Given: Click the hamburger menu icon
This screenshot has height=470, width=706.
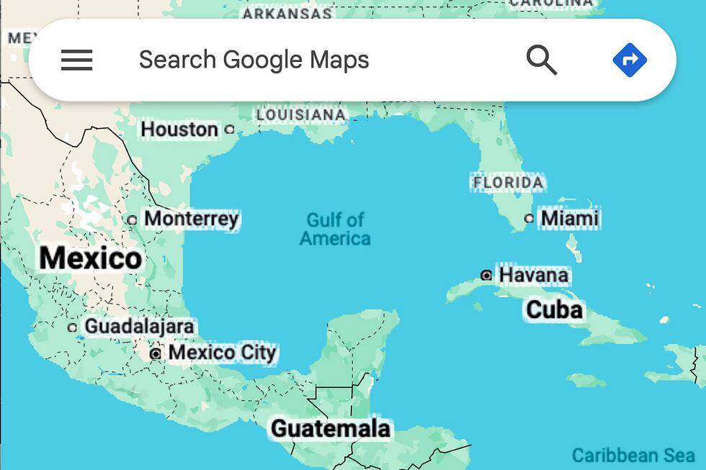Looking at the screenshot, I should click(x=76, y=60).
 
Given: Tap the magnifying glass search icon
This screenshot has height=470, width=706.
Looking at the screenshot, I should click(x=542, y=60).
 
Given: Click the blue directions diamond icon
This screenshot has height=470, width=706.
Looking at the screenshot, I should click(x=630, y=60).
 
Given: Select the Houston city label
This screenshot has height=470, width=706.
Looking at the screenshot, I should click(x=179, y=130).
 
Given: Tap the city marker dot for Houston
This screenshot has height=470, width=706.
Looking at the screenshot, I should click(x=230, y=130).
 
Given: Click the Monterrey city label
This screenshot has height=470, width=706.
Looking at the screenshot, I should click(x=192, y=218).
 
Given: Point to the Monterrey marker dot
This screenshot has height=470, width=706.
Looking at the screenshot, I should click(x=132, y=220).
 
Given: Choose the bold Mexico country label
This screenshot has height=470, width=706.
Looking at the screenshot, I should click(x=91, y=258).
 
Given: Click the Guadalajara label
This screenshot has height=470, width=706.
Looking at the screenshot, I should click(x=139, y=327).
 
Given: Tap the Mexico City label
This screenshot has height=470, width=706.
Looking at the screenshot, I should click(x=222, y=353).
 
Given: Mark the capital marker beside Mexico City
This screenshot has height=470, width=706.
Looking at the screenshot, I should click(x=156, y=353).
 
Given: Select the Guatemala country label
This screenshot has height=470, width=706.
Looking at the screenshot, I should click(x=331, y=428).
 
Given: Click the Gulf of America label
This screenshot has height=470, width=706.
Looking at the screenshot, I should click(x=335, y=229).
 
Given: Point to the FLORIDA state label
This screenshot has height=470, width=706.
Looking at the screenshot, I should click(x=508, y=183).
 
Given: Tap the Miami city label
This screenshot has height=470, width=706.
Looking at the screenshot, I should click(x=570, y=218).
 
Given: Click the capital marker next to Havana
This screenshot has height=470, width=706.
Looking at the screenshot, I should click(x=486, y=275).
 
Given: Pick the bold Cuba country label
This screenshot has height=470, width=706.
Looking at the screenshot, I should click(x=554, y=309).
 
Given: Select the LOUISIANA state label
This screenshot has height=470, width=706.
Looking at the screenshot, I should click(x=301, y=114).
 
